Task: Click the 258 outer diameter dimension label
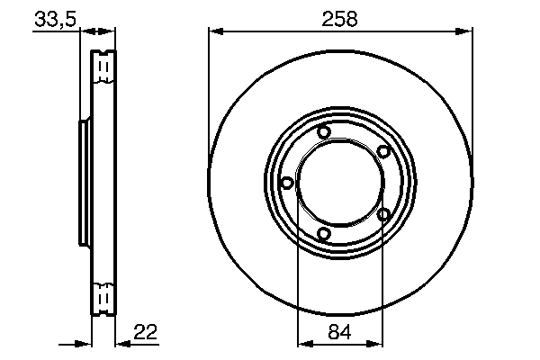[x=339, y=19]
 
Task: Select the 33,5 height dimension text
[x=55, y=19]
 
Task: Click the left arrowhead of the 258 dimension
[x=215, y=32]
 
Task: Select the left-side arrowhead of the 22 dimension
[x=87, y=343]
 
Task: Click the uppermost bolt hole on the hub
[x=325, y=134]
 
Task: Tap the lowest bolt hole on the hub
[x=325, y=235]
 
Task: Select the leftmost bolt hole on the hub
[x=287, y=183]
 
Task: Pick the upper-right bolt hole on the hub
[x=382, y=151]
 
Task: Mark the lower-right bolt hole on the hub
[x=383, y=214]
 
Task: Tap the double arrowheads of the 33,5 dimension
[x=98, y=32]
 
